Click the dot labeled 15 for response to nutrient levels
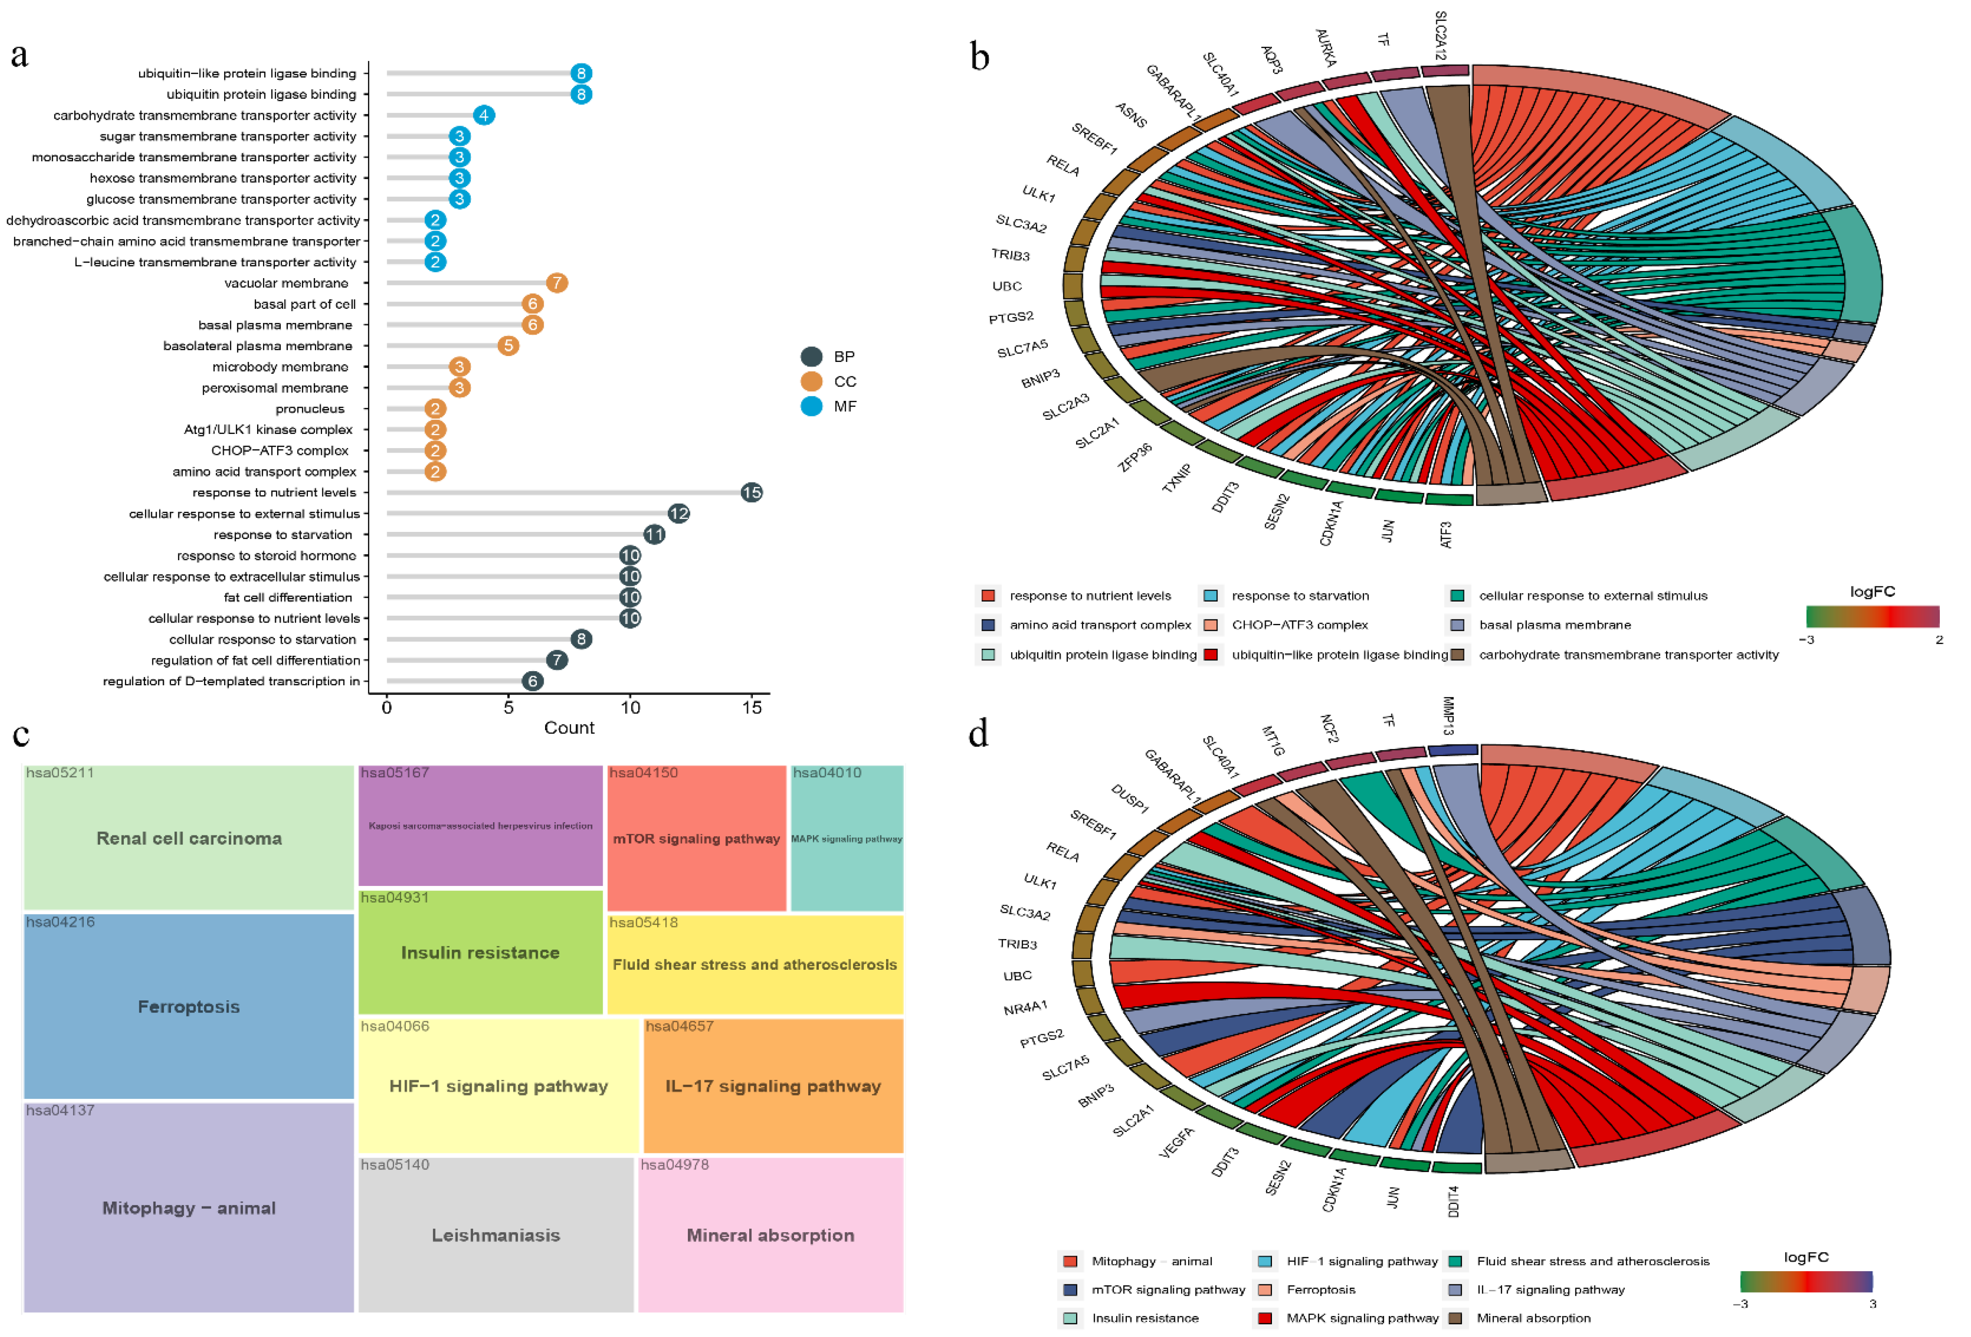click(751, 492)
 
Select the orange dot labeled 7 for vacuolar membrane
click(556, 283)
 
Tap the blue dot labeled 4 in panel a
click(483, 115)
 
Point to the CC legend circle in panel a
click(812, 381)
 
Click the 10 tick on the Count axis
click(630, 708)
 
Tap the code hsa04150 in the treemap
click(644, 773)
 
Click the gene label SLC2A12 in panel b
click(1440, 36)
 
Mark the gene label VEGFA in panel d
click(1176, 1143)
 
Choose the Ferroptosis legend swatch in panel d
click(1265, 1290)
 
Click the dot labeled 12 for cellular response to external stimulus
click(679, 514)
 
